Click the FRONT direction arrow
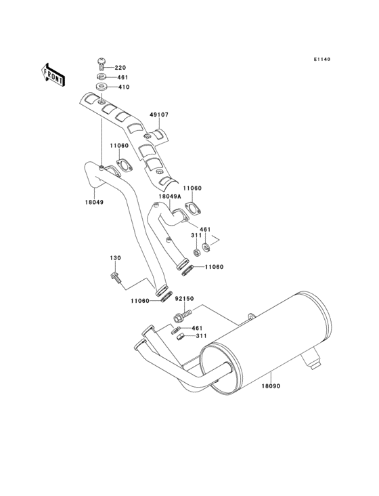(x=53, y=75)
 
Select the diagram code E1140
(x=322, y=59)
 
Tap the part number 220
(x=120, y=67)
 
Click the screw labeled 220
(x=101, y=64)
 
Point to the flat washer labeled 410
(x=101, y=86)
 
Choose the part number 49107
(x=159, y=115)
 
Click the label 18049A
(x=170, y=196)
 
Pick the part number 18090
(x=271, y=386)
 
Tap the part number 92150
(x=184, y=299)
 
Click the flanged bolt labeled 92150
(x=183, y=314)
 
